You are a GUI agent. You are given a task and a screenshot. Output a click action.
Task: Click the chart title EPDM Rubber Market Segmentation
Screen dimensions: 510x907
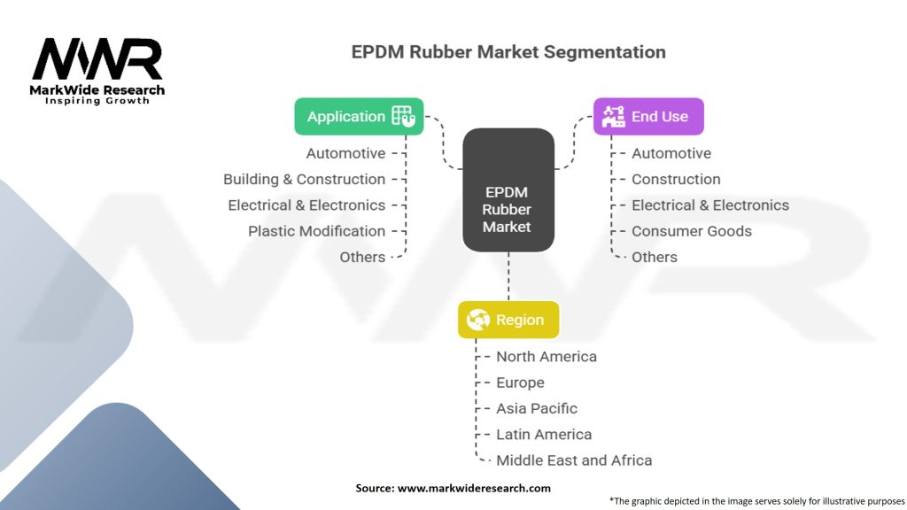[508, 52]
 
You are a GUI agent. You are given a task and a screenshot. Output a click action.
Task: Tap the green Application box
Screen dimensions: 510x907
[359, 116]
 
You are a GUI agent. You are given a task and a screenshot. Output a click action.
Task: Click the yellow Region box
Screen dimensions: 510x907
[508, 320]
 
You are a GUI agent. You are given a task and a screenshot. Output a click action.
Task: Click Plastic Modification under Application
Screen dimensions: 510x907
[316, 231]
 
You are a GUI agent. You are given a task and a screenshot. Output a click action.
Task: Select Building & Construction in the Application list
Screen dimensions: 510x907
[304, 179]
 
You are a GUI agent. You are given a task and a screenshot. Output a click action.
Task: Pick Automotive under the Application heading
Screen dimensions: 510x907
[345, 153]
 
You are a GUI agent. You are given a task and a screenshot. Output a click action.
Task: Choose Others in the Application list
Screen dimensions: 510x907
[362, 257]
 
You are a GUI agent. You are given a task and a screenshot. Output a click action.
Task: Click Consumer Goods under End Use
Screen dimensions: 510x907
[691, 231]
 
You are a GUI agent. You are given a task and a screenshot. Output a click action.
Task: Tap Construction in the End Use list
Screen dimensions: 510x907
[676, 179]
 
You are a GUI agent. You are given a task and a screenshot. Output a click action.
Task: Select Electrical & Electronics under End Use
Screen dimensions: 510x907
[709, 205]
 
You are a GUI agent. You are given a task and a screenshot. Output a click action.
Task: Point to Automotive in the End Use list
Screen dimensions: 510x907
[671, 153]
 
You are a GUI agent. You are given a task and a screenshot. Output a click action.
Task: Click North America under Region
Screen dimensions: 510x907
[546, 357]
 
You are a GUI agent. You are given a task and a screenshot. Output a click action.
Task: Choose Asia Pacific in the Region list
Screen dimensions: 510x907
[536, 408]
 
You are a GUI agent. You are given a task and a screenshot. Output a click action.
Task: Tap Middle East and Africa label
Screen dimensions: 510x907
[573, 460]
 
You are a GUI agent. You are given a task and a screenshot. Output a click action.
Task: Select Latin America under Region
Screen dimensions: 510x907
[544, 435]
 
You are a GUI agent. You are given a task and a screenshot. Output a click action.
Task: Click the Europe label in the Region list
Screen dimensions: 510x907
[520, 382]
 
